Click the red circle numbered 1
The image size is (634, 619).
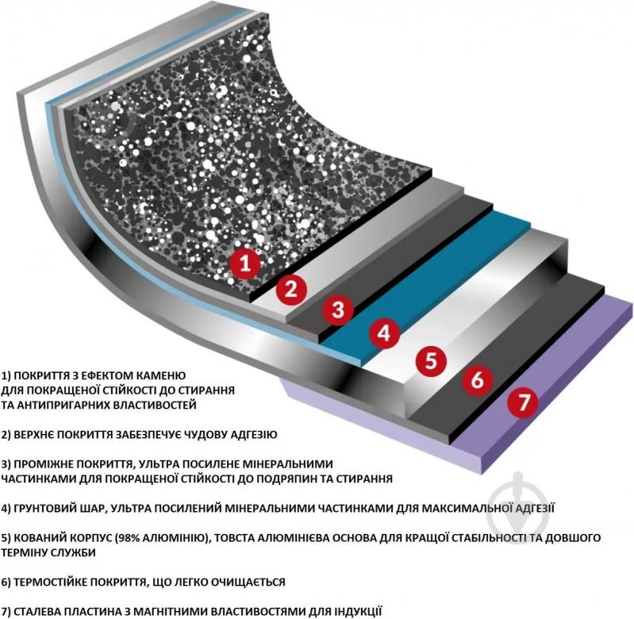tap(245, 263)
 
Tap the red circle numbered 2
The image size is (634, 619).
tap(291, 289)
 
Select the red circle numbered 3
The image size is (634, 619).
tap(339, 309)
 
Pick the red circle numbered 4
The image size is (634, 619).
tap(385, 333)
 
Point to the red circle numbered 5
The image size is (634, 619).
tap(432, 360)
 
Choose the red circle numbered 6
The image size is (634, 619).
tap(478, 379)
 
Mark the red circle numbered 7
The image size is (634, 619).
tap(523, 402)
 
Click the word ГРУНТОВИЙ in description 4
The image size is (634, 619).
tap(54, 508)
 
